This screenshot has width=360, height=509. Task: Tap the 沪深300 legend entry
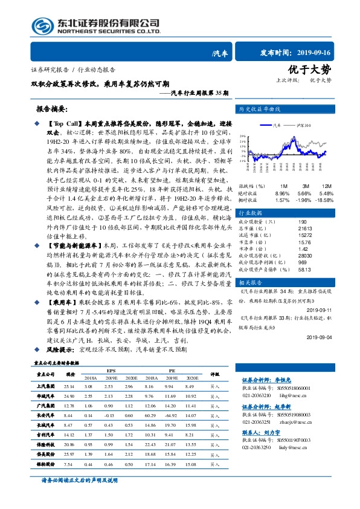point(303,125)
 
